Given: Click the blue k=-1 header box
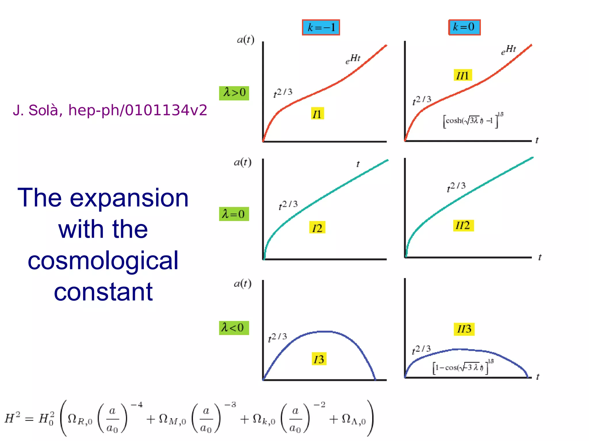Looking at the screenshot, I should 321,28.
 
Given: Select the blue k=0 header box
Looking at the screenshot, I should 464,27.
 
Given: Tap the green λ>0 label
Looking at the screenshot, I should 234,93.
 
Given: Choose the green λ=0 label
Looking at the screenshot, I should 234,214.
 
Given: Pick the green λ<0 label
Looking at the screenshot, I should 234,328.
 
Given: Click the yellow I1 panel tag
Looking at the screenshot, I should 318,114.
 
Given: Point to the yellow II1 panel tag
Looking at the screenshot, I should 463,75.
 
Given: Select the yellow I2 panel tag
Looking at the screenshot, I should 317,228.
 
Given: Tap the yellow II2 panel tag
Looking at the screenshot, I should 463,225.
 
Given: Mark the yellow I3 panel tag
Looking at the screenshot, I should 319,359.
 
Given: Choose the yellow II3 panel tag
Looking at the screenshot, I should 464,329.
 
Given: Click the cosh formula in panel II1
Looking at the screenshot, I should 473,120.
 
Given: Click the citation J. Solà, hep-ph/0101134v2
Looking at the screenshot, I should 110,110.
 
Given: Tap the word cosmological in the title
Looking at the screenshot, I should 103,261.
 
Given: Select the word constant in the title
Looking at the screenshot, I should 103,292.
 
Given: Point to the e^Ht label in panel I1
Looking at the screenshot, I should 353,59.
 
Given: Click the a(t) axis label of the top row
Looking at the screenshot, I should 245,40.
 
